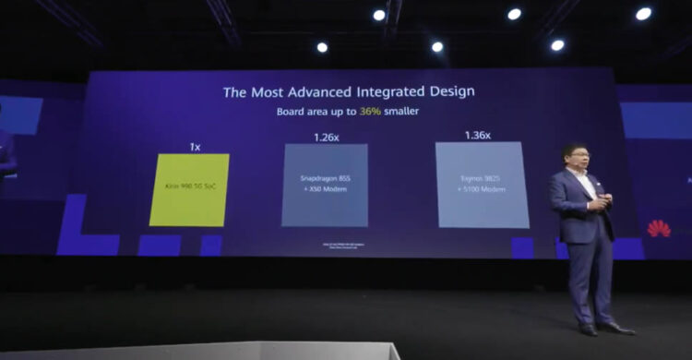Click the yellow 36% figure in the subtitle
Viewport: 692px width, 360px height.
[370, 111]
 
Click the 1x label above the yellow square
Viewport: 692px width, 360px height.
[195, 147]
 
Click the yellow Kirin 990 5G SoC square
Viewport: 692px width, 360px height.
[189, 189]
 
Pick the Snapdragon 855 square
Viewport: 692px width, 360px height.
[325, 185]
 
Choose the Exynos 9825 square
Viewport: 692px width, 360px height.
[482, 184]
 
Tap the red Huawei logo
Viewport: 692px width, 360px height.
[659, 228]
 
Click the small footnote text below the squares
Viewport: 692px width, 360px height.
[325, 246]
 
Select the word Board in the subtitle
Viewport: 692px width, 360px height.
[292, 111]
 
